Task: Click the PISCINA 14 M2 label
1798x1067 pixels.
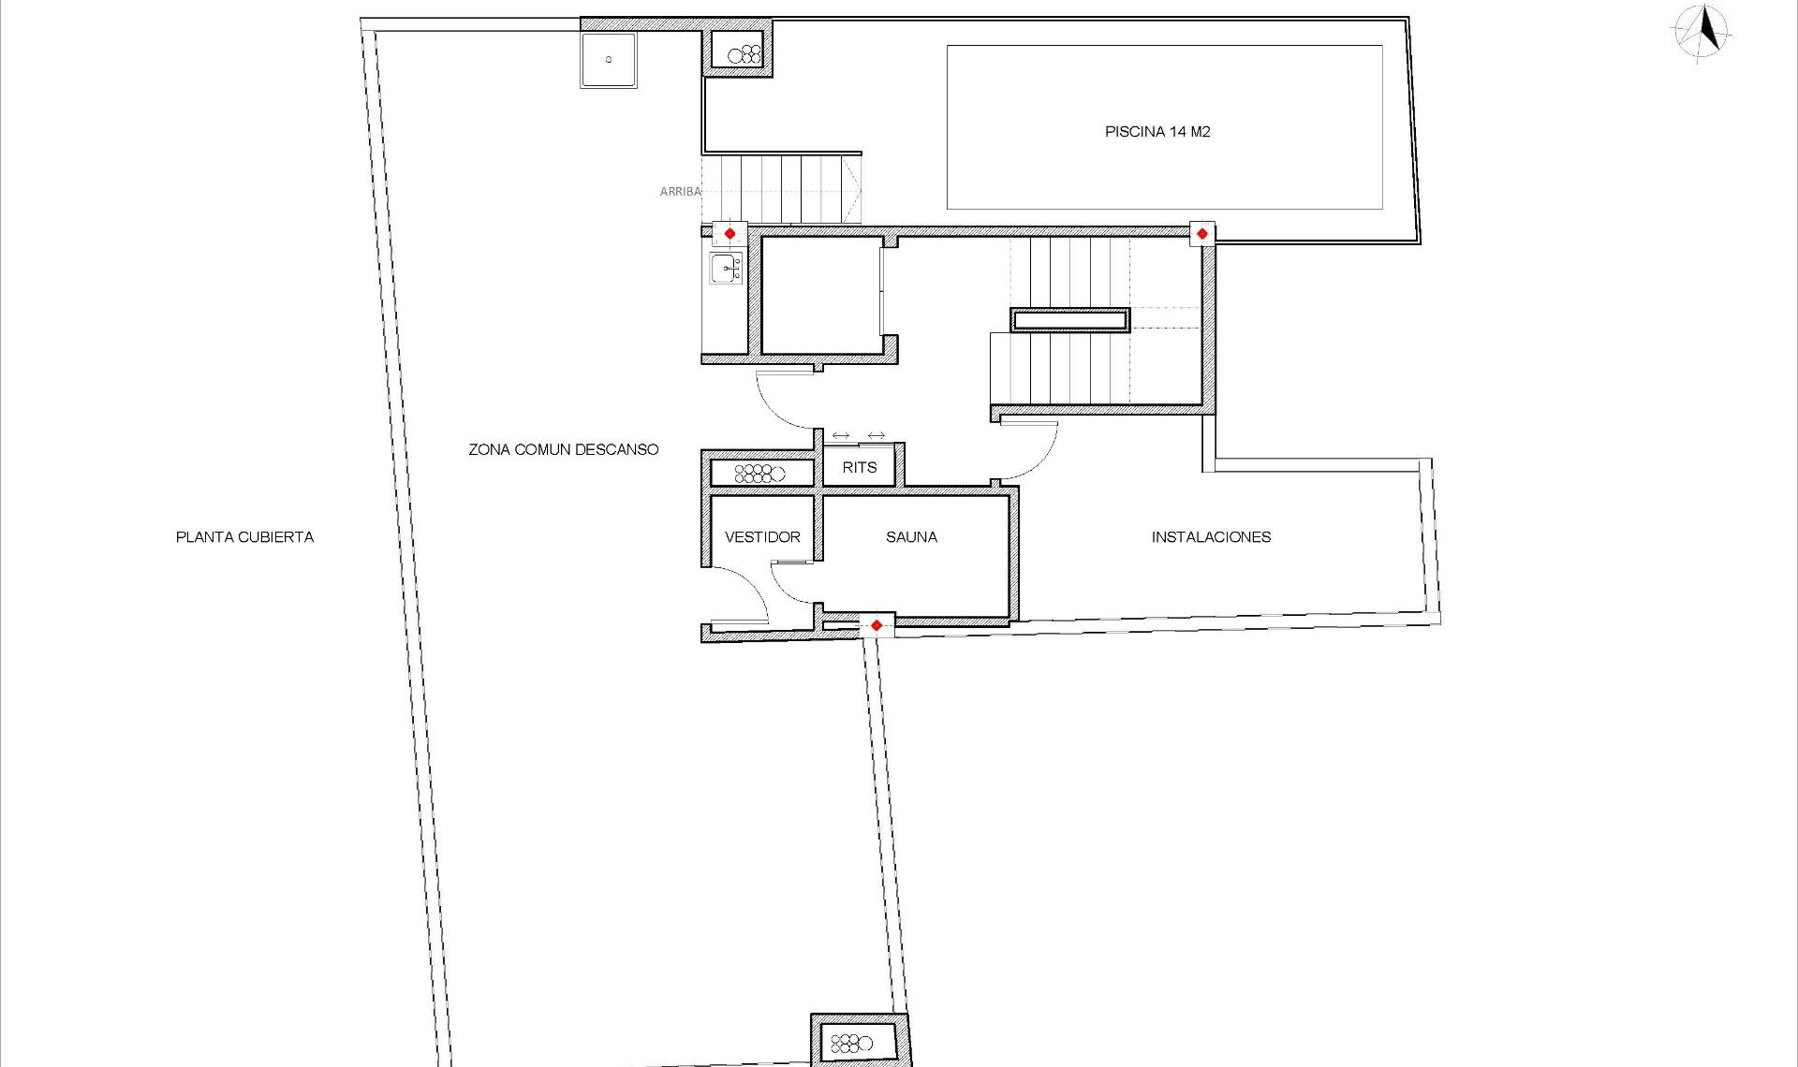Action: coord(1157,132)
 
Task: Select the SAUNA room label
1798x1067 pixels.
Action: coord(911,537)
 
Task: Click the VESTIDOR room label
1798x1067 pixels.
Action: coord(762,537)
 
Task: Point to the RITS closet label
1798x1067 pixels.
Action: coord(859,467)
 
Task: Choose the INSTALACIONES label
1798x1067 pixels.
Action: coord(1211,537)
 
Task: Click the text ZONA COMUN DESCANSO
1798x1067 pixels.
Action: coord(563,449)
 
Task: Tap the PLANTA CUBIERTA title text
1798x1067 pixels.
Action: coord(244,537)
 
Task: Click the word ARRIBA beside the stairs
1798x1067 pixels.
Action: coord(680,192)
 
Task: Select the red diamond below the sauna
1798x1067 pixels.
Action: coord(876,625)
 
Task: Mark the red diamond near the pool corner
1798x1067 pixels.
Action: coord(1201,233)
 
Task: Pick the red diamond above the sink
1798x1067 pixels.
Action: coord(730,233)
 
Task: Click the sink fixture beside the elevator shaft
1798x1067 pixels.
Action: coord(726,269)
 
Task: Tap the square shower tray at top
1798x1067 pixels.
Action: coord(608,60)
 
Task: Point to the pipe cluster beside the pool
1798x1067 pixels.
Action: coord(744,54)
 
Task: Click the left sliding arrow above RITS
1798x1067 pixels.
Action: coord(840,436)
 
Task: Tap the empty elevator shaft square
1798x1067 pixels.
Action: coord(820,296)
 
